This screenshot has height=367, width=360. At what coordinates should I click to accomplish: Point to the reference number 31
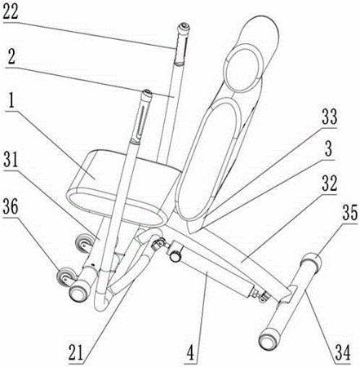[x=11, y=161]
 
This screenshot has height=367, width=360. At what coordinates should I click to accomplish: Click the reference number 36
[x=11, y=206]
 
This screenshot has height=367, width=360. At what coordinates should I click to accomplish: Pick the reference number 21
[x=76, y=352]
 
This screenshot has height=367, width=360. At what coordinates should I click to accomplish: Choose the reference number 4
[x=191, y=352]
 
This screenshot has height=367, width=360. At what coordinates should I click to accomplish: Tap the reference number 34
[x=344, y=352]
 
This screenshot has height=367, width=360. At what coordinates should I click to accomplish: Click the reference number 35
[x=349, y=213]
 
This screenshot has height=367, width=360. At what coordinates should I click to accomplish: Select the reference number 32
[x=329, y=183]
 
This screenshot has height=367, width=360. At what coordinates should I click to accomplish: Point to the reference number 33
[x=329, y=117]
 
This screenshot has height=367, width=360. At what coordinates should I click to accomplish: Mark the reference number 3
[x=329, y=148]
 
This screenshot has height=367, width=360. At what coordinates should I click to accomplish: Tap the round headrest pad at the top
[x=243, y=68]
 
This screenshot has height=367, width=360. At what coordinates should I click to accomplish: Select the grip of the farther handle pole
[x=181, y=44]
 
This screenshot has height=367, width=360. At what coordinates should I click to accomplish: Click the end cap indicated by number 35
[x=311, y=262]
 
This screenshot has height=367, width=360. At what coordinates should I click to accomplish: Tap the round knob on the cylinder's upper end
[x=175, y=256]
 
